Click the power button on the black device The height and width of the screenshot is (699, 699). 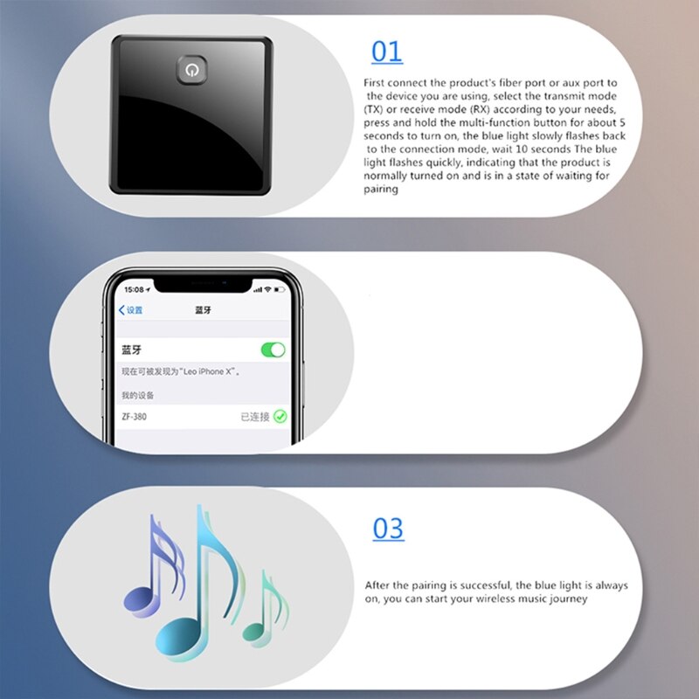pos(190,69)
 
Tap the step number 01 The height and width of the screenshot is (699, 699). pos(387,52)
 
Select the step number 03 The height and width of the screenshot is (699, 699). pos(388,529)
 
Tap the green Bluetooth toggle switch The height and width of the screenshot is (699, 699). pos(273,349)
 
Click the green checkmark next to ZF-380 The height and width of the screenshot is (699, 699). pos(280,417)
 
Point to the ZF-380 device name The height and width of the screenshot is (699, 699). pos(135,417)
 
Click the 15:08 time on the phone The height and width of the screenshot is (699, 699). pos(135,289)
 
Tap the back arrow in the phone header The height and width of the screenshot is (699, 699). pos(122,310)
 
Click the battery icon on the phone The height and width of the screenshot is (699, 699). pos(280,289)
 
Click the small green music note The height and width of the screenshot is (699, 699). pos(266,607)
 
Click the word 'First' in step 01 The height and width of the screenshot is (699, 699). pos(377,83)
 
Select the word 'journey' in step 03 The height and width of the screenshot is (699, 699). pos(569,599)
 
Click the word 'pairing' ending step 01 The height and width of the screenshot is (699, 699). pos(381,190)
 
